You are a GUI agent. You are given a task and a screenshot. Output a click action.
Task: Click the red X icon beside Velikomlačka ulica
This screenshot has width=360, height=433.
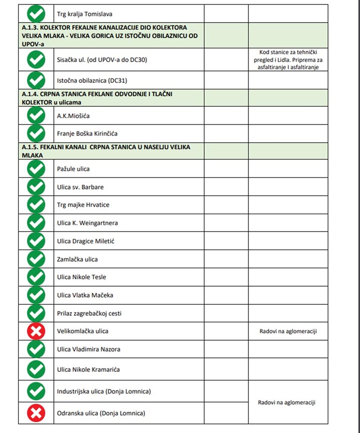36,331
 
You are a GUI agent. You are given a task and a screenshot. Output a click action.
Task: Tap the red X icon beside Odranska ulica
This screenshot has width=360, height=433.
36,413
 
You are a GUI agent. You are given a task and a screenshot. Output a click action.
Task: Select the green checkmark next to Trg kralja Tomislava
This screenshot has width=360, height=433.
36,14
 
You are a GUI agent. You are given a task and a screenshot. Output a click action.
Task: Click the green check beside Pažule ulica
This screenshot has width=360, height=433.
36,169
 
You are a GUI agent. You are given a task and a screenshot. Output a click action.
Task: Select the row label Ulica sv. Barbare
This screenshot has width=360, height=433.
80,187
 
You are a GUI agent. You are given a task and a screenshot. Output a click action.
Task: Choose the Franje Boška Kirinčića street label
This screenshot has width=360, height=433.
87,134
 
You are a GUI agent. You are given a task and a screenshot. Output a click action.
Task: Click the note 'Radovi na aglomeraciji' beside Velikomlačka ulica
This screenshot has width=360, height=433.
288,331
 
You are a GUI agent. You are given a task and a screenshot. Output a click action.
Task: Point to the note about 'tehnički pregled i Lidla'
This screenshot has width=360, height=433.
288,60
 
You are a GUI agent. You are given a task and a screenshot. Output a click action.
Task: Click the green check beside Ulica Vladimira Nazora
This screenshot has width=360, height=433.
36,349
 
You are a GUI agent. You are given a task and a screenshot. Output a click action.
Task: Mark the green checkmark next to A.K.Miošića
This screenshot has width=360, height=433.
36,116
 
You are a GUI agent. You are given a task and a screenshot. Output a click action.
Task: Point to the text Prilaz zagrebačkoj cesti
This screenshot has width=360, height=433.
89,313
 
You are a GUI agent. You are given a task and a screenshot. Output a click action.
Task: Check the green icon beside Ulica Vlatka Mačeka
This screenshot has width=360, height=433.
36,295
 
